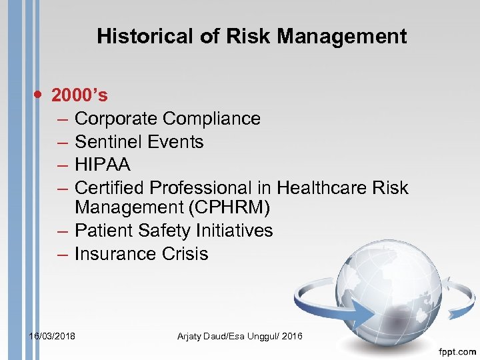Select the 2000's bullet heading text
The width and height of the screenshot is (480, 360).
79,95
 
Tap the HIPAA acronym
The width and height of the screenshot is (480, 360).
102,165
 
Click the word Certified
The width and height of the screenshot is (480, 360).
108,188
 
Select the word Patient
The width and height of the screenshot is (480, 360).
103,231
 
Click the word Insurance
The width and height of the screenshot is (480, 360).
115,254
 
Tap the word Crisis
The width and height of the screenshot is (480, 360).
185,254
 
